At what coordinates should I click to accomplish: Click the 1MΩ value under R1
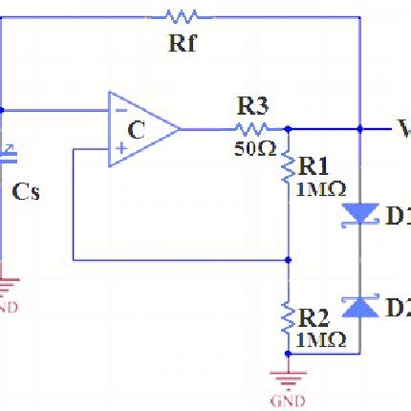tap(319, 189)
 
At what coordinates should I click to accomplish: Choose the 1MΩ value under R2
tap(319, 338)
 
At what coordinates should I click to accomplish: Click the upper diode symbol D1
tap(359, 216)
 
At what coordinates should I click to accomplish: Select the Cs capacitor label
tap(26, 191)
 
